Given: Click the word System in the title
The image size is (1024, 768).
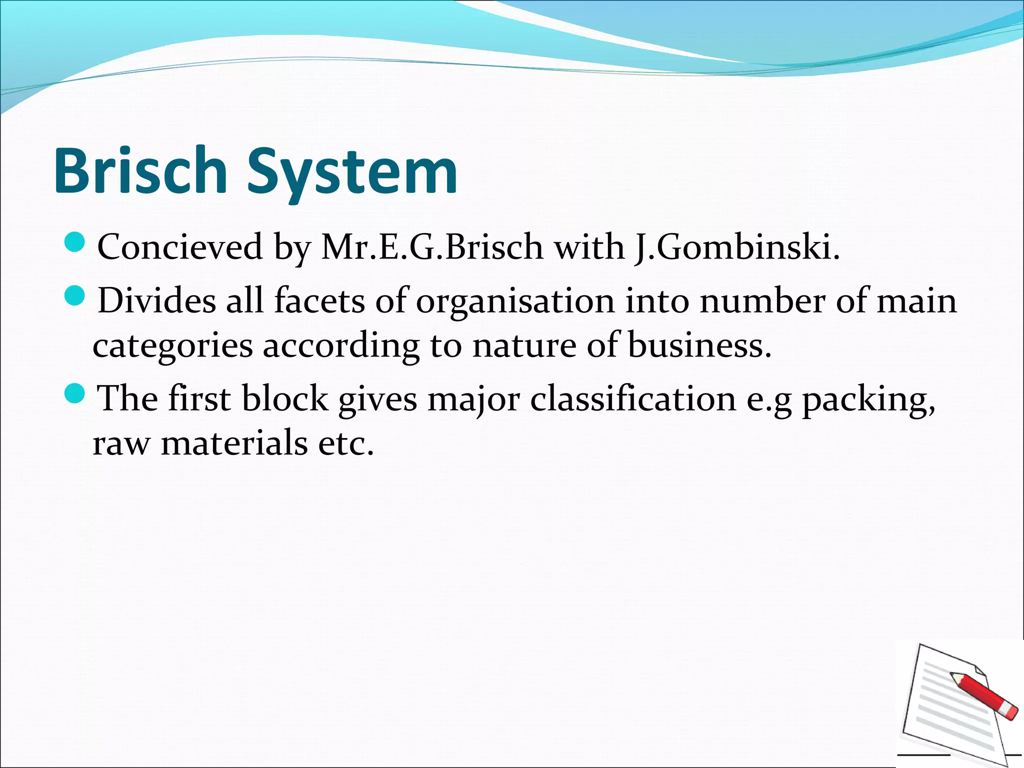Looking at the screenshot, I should coord(352,172).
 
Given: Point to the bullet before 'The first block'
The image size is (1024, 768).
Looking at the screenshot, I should coord(75,393).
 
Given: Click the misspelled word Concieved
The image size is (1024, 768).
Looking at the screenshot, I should coord(180,247).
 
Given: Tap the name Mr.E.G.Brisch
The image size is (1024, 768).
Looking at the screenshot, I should coord(432,247).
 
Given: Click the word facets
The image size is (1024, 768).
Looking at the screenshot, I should coord(319,301).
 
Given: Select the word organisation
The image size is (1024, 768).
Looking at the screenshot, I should coord(515,301).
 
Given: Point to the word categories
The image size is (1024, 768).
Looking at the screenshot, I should coord(172,346).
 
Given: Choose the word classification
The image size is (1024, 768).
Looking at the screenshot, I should coord(633,399).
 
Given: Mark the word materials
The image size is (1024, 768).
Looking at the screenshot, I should coord(234,443).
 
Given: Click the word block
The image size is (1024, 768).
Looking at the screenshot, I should coord(284,399).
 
